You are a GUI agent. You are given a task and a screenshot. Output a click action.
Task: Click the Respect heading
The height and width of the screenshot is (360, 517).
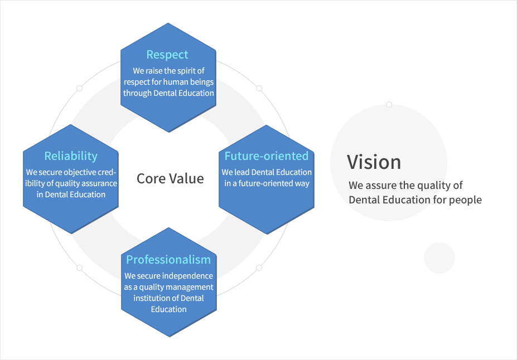tap(167, 55)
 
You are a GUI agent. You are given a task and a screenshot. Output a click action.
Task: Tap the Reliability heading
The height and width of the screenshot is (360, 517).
tap(71, 156)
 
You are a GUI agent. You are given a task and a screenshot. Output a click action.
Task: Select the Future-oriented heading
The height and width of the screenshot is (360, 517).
tap(267, 156)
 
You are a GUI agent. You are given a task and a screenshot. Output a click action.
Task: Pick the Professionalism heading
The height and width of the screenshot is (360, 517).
tap(168, 260)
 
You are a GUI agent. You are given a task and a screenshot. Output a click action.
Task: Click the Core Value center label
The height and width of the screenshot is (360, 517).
tap(170, 178)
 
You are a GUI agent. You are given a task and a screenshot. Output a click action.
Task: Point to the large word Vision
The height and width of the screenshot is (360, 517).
tap(374, 162)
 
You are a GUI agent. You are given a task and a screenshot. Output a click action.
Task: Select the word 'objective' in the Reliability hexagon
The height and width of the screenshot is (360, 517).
tap(79, 172)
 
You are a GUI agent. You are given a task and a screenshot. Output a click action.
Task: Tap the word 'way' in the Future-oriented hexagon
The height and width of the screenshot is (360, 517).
tap(302, 184)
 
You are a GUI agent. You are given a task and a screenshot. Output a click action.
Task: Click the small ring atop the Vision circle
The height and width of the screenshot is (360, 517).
tap(389, 104)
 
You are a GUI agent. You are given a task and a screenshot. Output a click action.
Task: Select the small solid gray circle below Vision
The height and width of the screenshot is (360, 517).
tap(439, 258)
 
